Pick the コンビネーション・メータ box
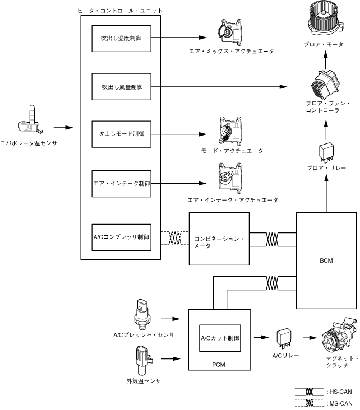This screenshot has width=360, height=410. click(x=219, y=239)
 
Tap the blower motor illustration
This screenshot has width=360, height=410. click(x=326, y=20)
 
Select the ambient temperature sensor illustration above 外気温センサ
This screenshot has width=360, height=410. click(x=128, y=358)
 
